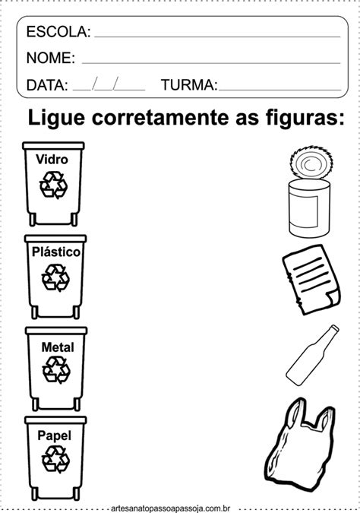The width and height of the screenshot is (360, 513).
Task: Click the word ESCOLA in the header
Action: (58, 32)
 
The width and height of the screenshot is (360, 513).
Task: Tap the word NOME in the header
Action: (51, 58)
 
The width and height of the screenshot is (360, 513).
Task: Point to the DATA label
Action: (47, 85)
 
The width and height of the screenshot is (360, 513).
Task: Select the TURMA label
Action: (189, 84)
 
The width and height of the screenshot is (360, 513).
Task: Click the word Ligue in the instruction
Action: (56, 118)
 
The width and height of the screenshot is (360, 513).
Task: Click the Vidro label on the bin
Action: (52, 160)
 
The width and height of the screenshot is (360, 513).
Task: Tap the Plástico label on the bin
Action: (56, 252)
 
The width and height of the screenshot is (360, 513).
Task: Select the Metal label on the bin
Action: (58, 347)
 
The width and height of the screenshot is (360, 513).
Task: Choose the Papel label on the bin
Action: (54, 435)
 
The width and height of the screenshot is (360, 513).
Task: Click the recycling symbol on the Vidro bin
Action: (53, 185)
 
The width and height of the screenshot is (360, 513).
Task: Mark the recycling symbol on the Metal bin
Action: (56, 369)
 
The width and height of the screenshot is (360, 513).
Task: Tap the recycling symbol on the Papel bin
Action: (55, 459)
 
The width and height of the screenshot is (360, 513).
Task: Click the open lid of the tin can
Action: (311, 163)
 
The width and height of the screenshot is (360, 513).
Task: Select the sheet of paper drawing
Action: (311, 280)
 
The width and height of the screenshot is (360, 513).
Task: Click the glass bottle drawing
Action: (312, 354)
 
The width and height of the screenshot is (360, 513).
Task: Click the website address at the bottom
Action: (170, 508)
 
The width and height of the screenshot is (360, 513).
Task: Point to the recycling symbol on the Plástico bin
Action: (55, 277)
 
